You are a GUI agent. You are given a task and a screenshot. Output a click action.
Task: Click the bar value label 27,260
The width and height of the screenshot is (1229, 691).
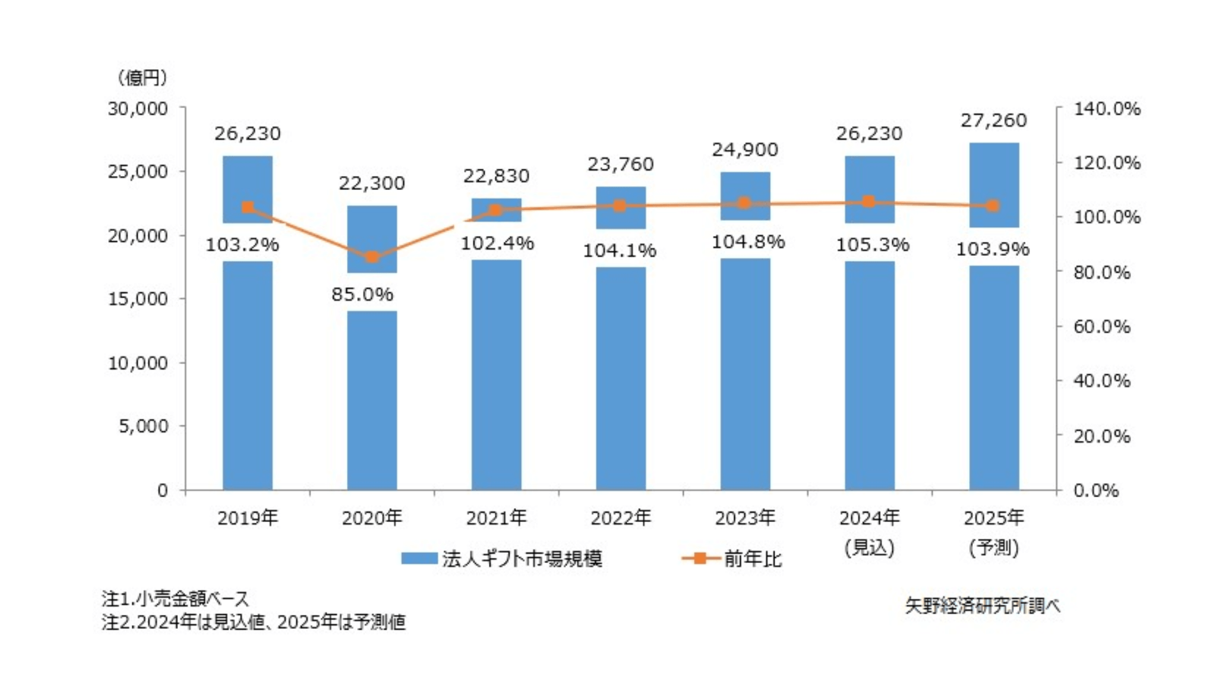[993, 120]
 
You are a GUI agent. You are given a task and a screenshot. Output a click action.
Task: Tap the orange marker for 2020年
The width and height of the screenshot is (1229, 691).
[372, 257]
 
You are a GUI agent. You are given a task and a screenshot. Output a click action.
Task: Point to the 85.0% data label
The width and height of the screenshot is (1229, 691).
[362, 294]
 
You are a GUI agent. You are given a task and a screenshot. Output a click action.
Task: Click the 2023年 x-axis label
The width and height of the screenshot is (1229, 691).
[745, 518]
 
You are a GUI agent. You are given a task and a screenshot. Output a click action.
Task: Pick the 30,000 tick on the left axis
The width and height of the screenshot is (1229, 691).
[138, 109]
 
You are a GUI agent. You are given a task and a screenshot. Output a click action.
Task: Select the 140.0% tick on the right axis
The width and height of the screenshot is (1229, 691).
[1107, 109]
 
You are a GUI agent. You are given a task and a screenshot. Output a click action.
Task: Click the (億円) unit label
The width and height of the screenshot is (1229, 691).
[143, 78]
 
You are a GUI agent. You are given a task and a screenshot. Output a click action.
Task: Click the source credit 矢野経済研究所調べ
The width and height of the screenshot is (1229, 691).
[983, 605]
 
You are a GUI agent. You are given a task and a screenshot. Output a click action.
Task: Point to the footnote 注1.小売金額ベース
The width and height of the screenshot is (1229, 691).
[175, 599]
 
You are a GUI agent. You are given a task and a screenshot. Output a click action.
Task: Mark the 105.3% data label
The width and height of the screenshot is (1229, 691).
[872, 245]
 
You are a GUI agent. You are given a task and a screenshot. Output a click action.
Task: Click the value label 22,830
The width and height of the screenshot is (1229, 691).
[496, 176]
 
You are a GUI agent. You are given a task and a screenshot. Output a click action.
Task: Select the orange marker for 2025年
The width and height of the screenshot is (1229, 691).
[993, 205]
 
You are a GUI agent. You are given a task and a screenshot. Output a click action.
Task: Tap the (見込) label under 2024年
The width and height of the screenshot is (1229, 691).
[869, 548]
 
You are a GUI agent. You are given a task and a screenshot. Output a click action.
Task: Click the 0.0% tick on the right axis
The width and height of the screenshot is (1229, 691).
[1096, 491]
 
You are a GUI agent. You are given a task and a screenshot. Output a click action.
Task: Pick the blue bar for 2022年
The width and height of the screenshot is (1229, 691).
[621, 384]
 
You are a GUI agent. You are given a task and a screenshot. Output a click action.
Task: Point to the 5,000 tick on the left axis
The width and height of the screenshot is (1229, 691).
[143, 426]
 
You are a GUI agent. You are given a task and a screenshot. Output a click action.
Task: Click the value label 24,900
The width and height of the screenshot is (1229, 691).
[745, 150]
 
